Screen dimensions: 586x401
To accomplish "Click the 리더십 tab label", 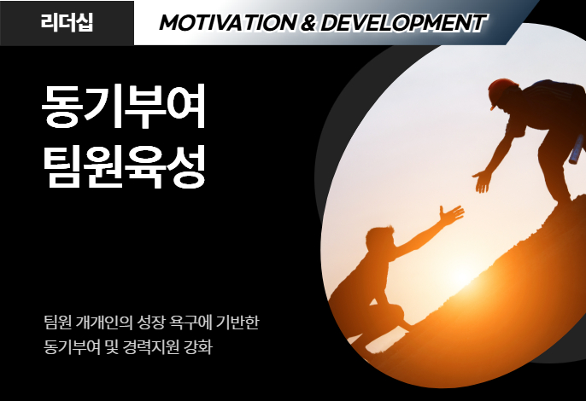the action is [x=67, y=22].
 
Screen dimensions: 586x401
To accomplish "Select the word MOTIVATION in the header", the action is [x=228, y=23].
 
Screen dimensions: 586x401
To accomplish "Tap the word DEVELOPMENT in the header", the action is [x=403, y=23].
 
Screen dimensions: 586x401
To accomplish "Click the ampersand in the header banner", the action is [x=308, y=23].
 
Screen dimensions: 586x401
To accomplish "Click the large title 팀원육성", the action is [x=124, y=166].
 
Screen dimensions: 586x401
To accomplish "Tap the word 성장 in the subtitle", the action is [x=151, y=323].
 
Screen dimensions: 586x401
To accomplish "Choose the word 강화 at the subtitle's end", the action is [x=197, y=347].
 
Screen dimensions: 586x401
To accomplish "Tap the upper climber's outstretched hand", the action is [x=482, y=180].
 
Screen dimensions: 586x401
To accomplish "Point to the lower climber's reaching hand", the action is [x=451, y=216].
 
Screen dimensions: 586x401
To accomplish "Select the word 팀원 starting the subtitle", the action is [x=57, y=323].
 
